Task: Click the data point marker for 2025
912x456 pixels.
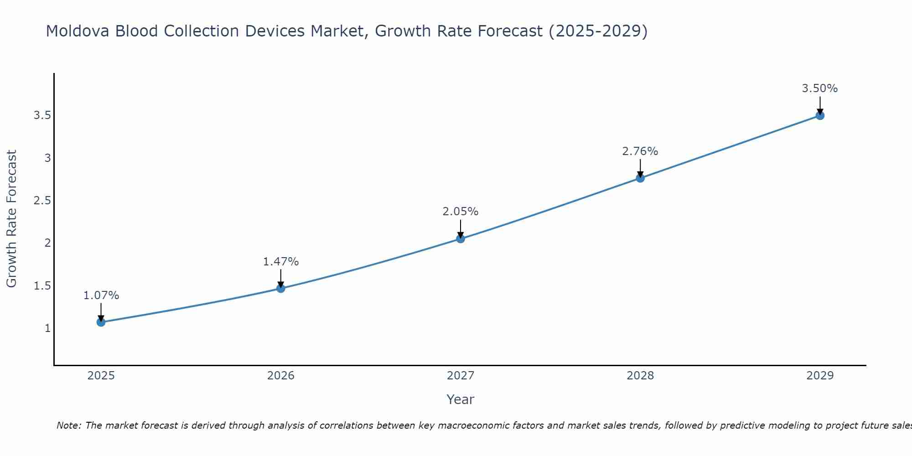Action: (101, 322)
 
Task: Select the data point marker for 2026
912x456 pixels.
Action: (280, 288)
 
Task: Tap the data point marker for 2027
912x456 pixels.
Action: (460, 238)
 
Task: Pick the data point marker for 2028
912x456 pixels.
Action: (640, 178)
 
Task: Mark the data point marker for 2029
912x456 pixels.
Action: (819, 115)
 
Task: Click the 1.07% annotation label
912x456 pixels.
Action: (101, 295)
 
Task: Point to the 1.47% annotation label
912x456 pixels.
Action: (280, 262)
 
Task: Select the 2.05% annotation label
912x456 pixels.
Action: (460, 212)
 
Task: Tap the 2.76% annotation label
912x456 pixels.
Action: (640, 151)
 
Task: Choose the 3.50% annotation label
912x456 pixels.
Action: (819, 88)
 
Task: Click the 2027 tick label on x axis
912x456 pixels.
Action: (460, 376)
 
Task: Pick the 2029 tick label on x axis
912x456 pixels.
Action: (819, 376)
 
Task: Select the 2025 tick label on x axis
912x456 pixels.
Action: (101, 376)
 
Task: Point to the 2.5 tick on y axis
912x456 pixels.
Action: (42, 201)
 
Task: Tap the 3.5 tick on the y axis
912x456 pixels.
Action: (42, 115)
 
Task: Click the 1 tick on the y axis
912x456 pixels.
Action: (47, 328)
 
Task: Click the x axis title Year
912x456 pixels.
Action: (460, 399)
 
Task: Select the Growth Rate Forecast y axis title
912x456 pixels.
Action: (11, 219)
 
